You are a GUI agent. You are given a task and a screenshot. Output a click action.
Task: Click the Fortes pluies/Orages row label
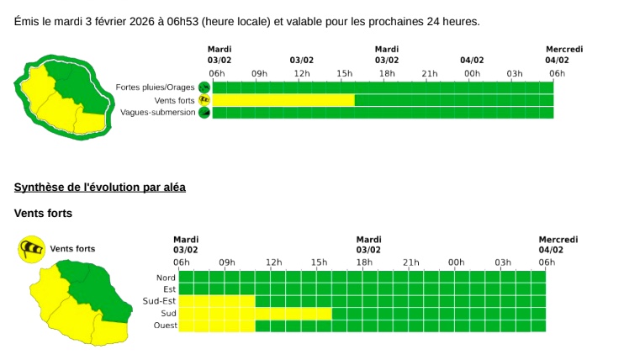[155, 87]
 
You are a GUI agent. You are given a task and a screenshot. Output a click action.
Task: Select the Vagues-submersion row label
[157, 113]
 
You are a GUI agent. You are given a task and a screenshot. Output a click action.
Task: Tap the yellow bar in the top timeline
[283, 100]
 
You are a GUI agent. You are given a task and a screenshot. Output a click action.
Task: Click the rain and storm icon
[204, 87]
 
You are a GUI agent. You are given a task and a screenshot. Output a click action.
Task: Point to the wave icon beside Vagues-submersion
[204, 113]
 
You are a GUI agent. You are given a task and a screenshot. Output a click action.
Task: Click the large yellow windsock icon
[32, 249]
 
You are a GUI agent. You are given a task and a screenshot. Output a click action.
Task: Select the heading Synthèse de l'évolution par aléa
[100, 187]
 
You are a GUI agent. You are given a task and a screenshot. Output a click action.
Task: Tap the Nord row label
[166, 278]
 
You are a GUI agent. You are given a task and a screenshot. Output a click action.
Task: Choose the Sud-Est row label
[159, 301]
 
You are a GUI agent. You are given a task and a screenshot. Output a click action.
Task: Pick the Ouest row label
[164, 326]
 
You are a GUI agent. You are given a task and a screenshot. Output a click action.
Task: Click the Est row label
[169, 289]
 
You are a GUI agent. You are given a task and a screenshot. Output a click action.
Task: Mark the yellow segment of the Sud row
[293, 314]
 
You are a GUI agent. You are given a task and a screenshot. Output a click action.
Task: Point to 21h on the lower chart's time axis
[410, 262]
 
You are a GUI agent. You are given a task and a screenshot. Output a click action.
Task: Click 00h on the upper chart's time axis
[472, 73]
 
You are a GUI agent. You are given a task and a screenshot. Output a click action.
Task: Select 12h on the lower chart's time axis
[273, 262]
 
